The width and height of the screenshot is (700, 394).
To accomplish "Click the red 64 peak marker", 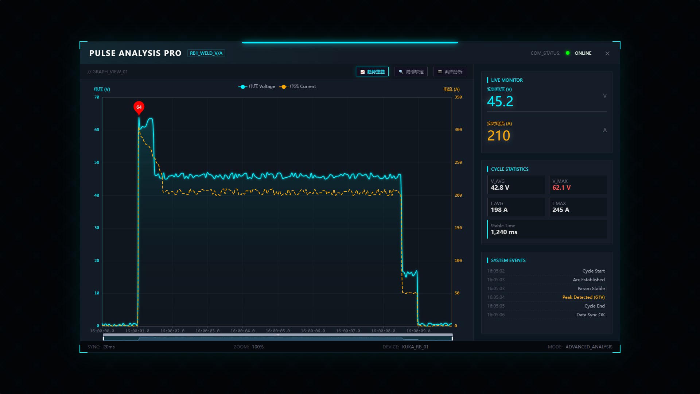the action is (139, 108).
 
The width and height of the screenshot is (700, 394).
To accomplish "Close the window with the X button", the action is (607, 53).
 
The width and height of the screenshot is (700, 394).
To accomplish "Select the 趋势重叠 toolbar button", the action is (372, 72).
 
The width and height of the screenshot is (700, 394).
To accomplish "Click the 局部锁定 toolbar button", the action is (411, 72).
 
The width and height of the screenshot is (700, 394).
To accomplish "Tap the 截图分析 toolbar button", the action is (450, 72).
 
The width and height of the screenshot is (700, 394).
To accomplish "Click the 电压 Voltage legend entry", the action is (257, 86).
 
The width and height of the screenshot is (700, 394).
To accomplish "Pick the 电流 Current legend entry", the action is (297, 86).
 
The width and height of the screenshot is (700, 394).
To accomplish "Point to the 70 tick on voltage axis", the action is (97, 97).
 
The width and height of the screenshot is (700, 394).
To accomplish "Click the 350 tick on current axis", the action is (458, 97).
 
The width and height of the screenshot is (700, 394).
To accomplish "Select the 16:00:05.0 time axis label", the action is (278, 331).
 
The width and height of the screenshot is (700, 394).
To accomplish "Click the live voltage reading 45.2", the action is (500, 101).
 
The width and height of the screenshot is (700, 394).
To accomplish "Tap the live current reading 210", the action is (499, 136).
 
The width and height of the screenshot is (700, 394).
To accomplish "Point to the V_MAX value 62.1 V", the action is (561, 188).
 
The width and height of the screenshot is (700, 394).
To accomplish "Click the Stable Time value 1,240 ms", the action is (504, 232).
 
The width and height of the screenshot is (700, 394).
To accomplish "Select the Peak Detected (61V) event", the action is (583, 297).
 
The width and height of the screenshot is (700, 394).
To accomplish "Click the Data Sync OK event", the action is (591, 315).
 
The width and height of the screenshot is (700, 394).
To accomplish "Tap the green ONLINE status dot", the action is (568, 53).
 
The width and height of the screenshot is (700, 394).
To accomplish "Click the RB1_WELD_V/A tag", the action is (206, 53).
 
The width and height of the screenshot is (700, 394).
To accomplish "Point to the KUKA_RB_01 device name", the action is (415, 347).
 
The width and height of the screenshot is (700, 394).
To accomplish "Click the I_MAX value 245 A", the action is (561, 210).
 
